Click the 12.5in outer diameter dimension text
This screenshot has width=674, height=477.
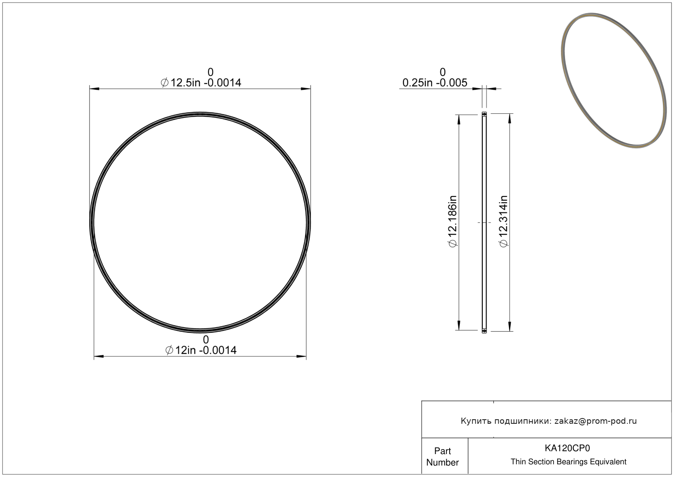pos(201,82)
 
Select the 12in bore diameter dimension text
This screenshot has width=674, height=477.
pos(201,350)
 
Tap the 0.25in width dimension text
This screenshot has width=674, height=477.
pos(435,82)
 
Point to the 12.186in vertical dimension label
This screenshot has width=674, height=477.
pos(452,222)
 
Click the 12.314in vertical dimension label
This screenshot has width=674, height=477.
pos(503,222)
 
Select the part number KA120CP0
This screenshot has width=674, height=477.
pos(567,448)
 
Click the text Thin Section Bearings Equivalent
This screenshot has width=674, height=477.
pos(568,462)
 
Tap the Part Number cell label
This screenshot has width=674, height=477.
pos(443,457)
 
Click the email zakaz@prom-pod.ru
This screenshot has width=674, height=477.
pos(595,421)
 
